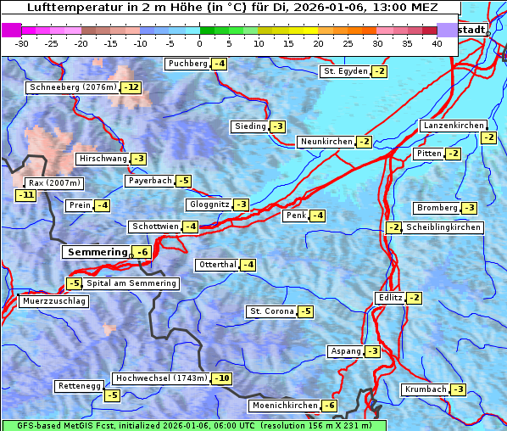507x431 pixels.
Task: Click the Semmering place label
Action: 96,252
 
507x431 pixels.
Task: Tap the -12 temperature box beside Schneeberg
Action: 131,87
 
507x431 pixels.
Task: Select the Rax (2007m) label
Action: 53,182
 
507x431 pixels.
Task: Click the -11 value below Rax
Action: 26,195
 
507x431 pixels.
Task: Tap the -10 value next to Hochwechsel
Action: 221,378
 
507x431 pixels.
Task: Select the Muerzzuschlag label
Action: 54,301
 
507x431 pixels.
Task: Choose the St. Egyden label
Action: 345,71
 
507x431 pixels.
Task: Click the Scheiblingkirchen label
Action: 443,227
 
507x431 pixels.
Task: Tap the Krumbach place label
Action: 425,389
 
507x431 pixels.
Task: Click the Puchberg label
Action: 187,64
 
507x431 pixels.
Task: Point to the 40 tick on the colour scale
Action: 437,43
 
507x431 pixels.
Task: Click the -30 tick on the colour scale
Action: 22,43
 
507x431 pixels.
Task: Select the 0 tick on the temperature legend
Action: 199,43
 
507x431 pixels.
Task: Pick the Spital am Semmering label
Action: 131,283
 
